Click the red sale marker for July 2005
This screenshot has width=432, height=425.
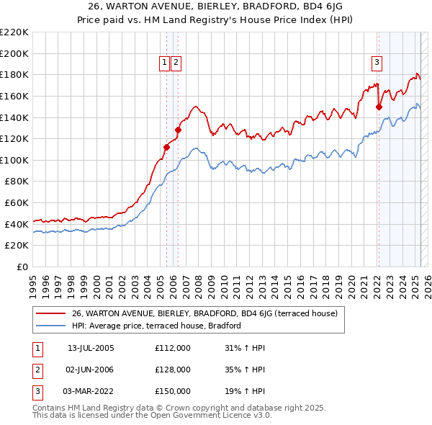coord(166,147)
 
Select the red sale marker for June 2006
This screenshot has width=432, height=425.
coord(178,130)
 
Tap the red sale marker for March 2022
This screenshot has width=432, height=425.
coord(379,107)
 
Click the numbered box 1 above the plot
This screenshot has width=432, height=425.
coord(165,63)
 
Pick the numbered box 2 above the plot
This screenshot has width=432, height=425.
coord(176,63)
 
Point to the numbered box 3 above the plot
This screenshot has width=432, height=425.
coord(377,63)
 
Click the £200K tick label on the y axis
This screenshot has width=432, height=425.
coord(15,53)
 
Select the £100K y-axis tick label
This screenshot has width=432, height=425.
coord(15,160)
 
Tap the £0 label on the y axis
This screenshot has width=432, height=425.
coord(23,267)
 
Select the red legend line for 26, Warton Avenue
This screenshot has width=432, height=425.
coord(50,313)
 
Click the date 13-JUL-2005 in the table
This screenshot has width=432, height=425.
coord(91,348)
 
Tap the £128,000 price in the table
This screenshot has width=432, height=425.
coord(172,370)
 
